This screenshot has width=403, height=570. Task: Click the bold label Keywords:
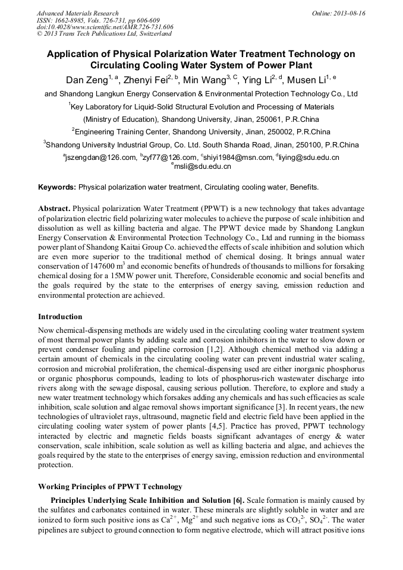[57, 187]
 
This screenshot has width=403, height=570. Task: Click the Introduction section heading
[60, 316]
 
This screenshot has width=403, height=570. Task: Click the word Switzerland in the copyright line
[142, 33]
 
